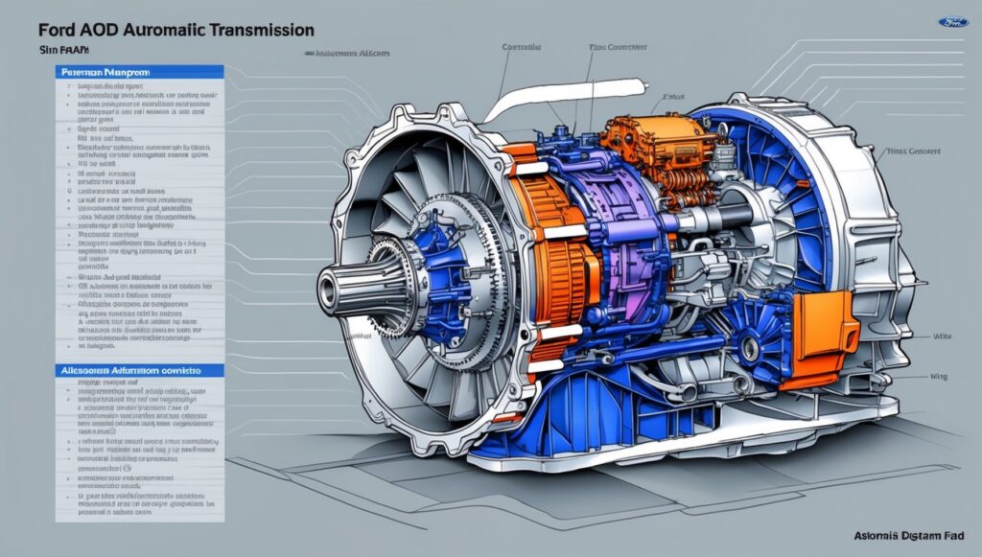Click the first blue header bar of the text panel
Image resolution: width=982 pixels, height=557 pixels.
(140, 72)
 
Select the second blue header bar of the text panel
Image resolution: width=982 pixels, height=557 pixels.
(140, 369)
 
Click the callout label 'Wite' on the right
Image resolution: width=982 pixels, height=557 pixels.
(942, 337)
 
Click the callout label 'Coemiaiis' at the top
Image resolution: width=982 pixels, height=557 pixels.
(522, 45)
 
